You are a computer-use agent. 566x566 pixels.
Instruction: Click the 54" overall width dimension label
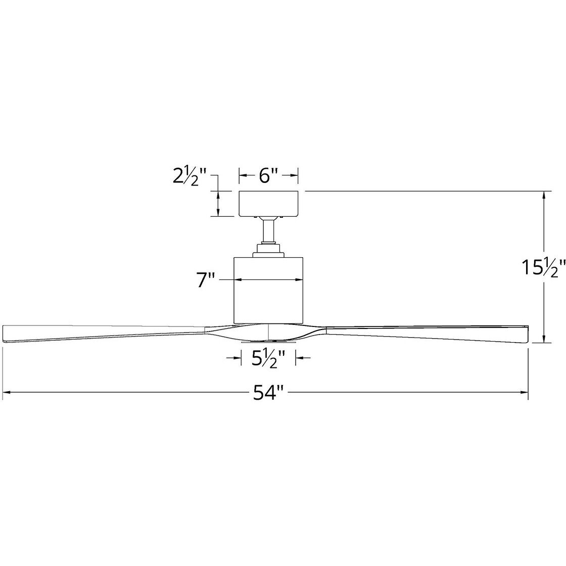[267, 393]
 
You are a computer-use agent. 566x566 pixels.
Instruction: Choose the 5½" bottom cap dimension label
[268, 358]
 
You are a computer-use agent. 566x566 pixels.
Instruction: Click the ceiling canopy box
[269, 203]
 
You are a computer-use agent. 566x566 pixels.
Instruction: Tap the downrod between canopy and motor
[269, 231]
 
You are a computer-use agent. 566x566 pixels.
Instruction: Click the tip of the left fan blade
[6, 334]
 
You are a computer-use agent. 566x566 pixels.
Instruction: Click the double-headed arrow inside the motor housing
[269, 279]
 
